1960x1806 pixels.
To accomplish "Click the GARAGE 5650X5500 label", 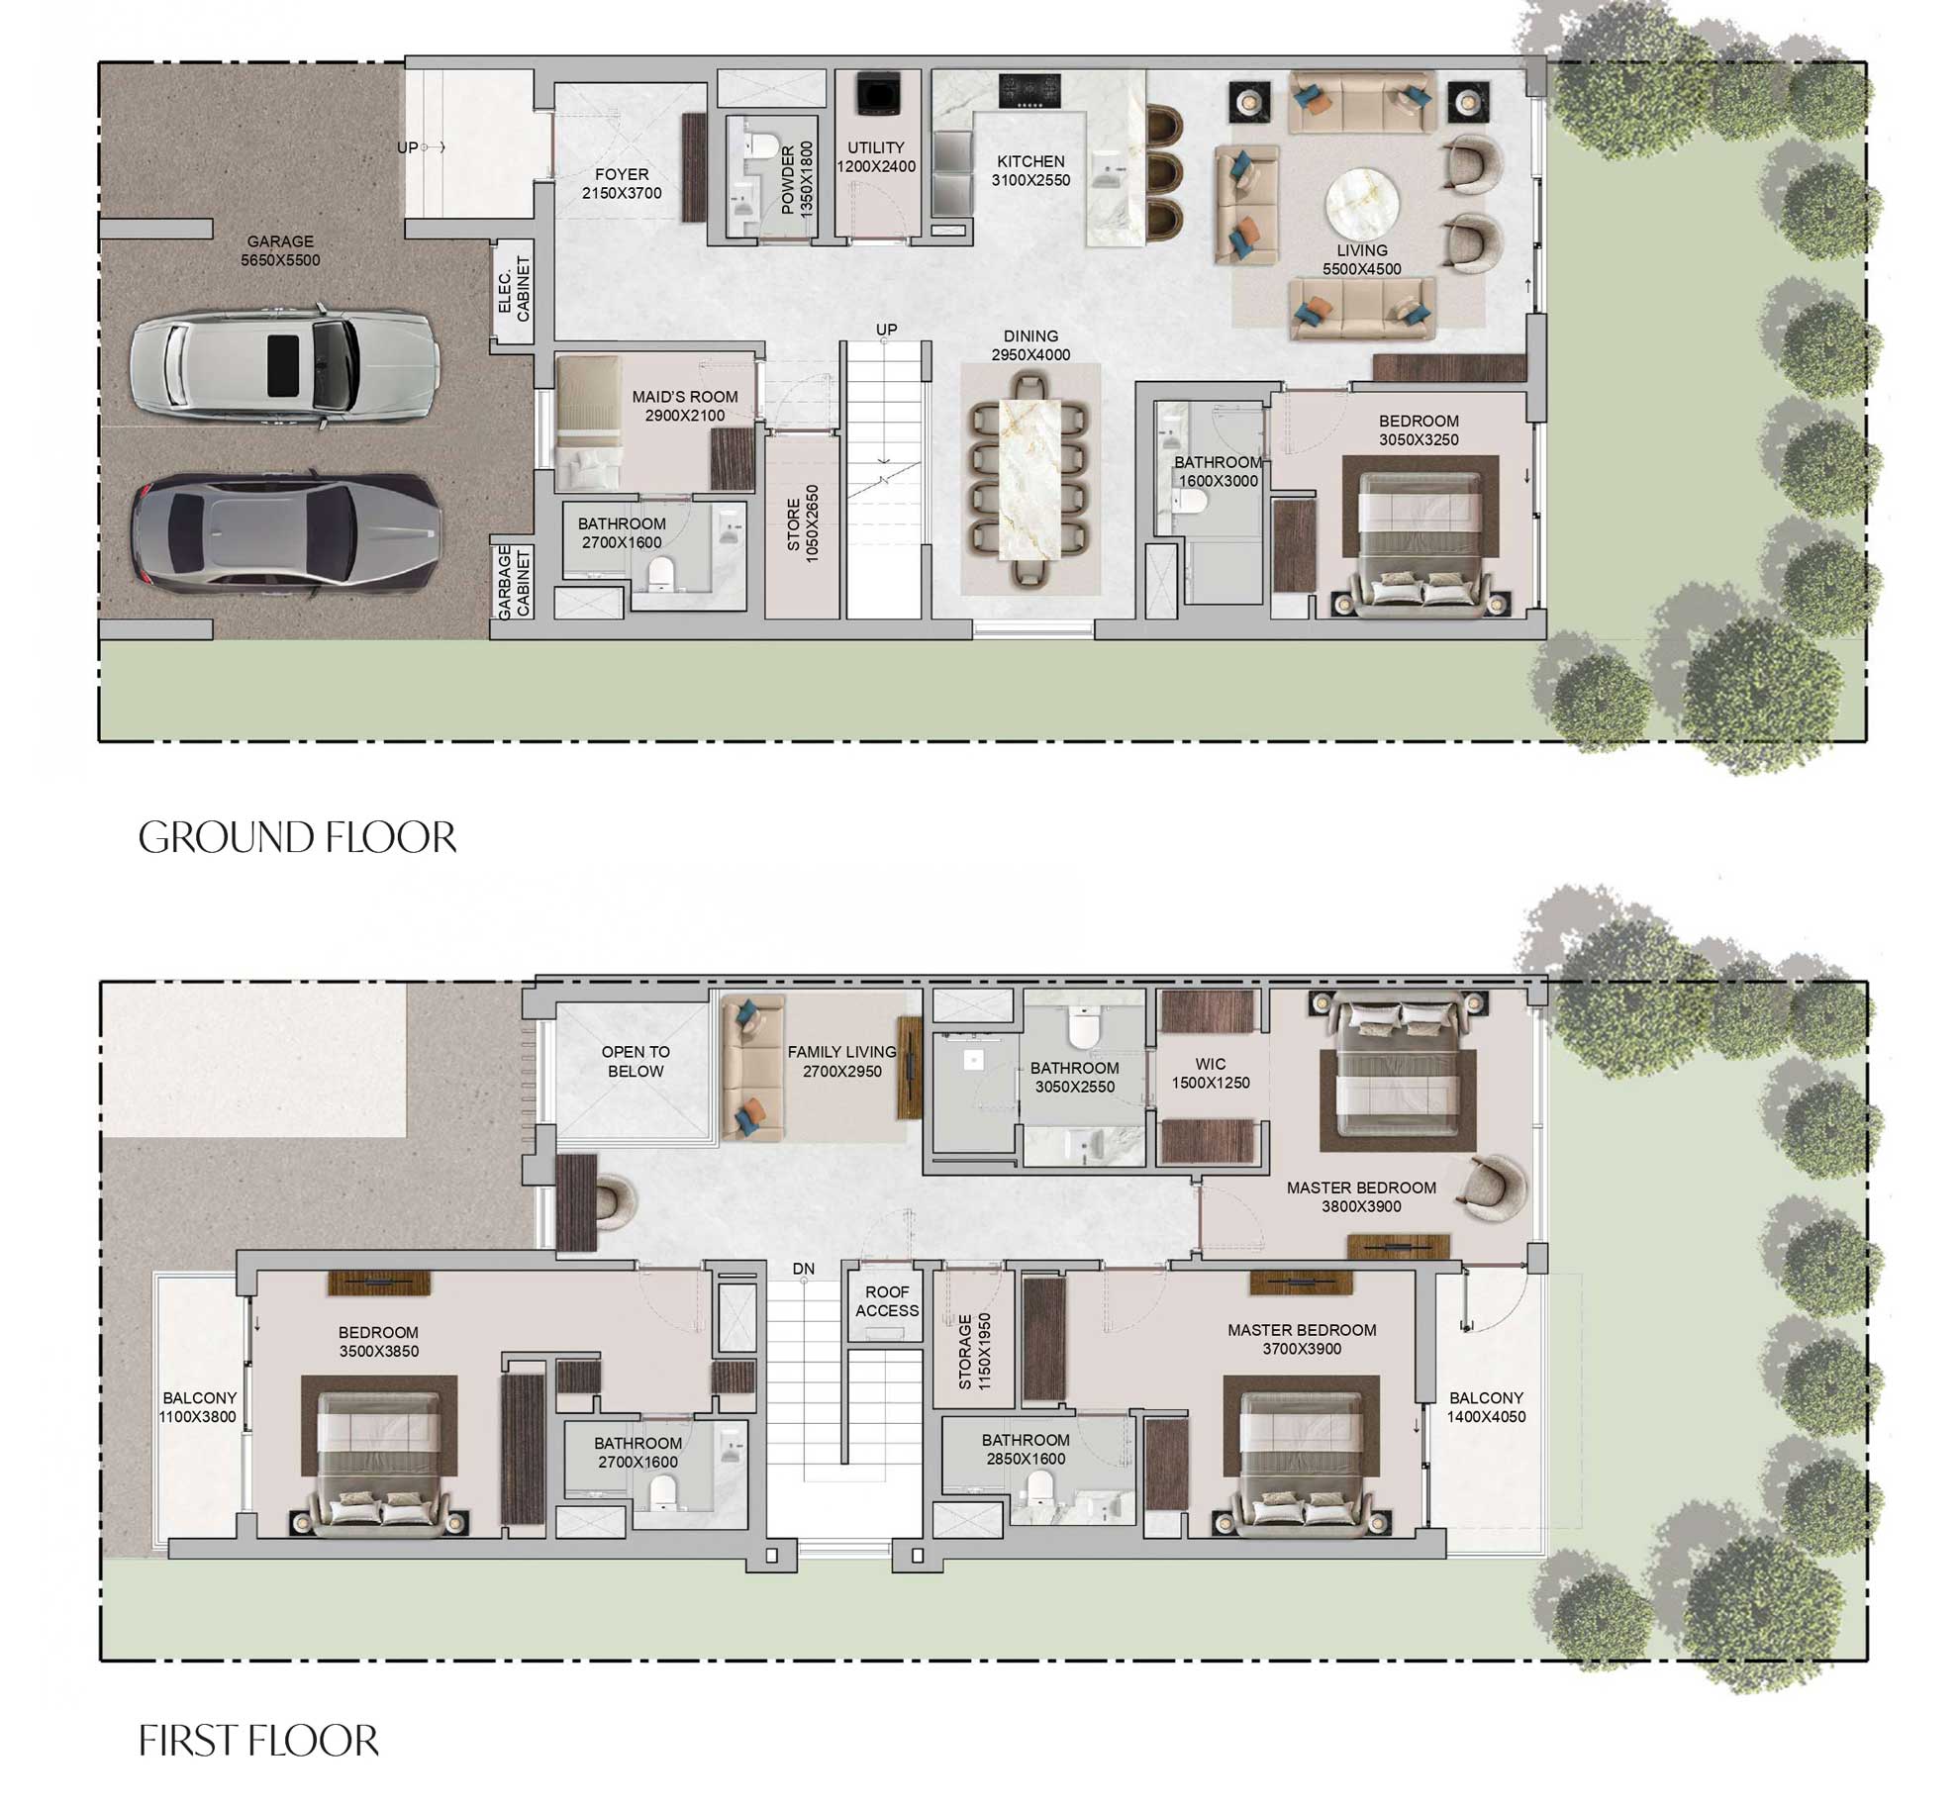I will tap(280, 250).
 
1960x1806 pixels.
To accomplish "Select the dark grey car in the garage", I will tap(287, 532).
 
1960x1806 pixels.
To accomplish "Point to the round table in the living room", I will tap(1362, 204).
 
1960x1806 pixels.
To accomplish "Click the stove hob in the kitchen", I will tap(1029, 90).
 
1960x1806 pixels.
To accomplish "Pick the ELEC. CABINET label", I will tap(514, 290).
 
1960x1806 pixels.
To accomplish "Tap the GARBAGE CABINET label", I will tap(514, 583).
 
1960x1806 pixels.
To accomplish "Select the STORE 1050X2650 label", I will tap(803, 524).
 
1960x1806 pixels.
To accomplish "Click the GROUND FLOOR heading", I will tap(297, 837).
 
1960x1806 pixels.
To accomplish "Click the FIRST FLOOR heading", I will tap(258, 1741).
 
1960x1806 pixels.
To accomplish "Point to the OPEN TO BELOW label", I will tap(636, 1061).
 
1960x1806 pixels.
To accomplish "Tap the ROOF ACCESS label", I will tap(887, 1301).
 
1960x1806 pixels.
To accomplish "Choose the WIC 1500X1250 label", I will tap(1211, 1073).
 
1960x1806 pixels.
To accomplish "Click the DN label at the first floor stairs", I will tap(803, 1268).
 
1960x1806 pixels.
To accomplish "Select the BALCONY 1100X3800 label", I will tap(199, 1407).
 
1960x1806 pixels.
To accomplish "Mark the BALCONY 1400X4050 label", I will tap(1486, 1407).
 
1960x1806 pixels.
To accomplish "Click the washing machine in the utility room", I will tap(876, 94).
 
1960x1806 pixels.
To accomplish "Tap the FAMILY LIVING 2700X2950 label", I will tap(841, 1061).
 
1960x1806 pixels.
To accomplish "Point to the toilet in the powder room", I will tap(761, 146).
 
